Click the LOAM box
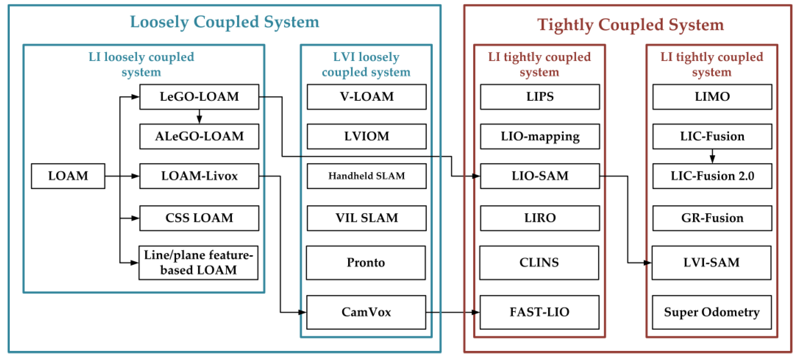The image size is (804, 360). click(x=68, y=176)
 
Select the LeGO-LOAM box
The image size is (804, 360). click(x=199, y=97)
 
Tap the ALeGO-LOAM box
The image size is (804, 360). click(x=199, y=137)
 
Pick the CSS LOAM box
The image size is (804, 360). click(x=199, y=218)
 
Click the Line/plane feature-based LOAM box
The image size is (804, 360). click(x=198, y=262)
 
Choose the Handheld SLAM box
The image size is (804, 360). click(x=366, y=176)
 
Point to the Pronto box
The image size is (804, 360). click(x=366, y=262)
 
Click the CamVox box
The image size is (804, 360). click(x=366, y=312)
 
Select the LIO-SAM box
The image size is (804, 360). click(x=540, y=176)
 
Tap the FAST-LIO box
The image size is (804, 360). click(x=539, y=312)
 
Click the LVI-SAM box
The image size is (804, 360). click(x=711, y=262)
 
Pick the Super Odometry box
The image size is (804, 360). click(x=712, y=312)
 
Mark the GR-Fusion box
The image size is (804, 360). click(x=712, y=218)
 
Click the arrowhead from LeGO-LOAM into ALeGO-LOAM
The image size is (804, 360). click(x=199, y=120)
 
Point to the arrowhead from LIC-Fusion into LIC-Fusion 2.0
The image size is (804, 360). click(x=712, y=159)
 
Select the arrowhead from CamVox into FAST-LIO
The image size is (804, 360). click(x=475, y=312)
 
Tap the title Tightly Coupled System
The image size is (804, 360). click(x=631, y=25)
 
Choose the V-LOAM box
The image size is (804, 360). click(x=366, y=97)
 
